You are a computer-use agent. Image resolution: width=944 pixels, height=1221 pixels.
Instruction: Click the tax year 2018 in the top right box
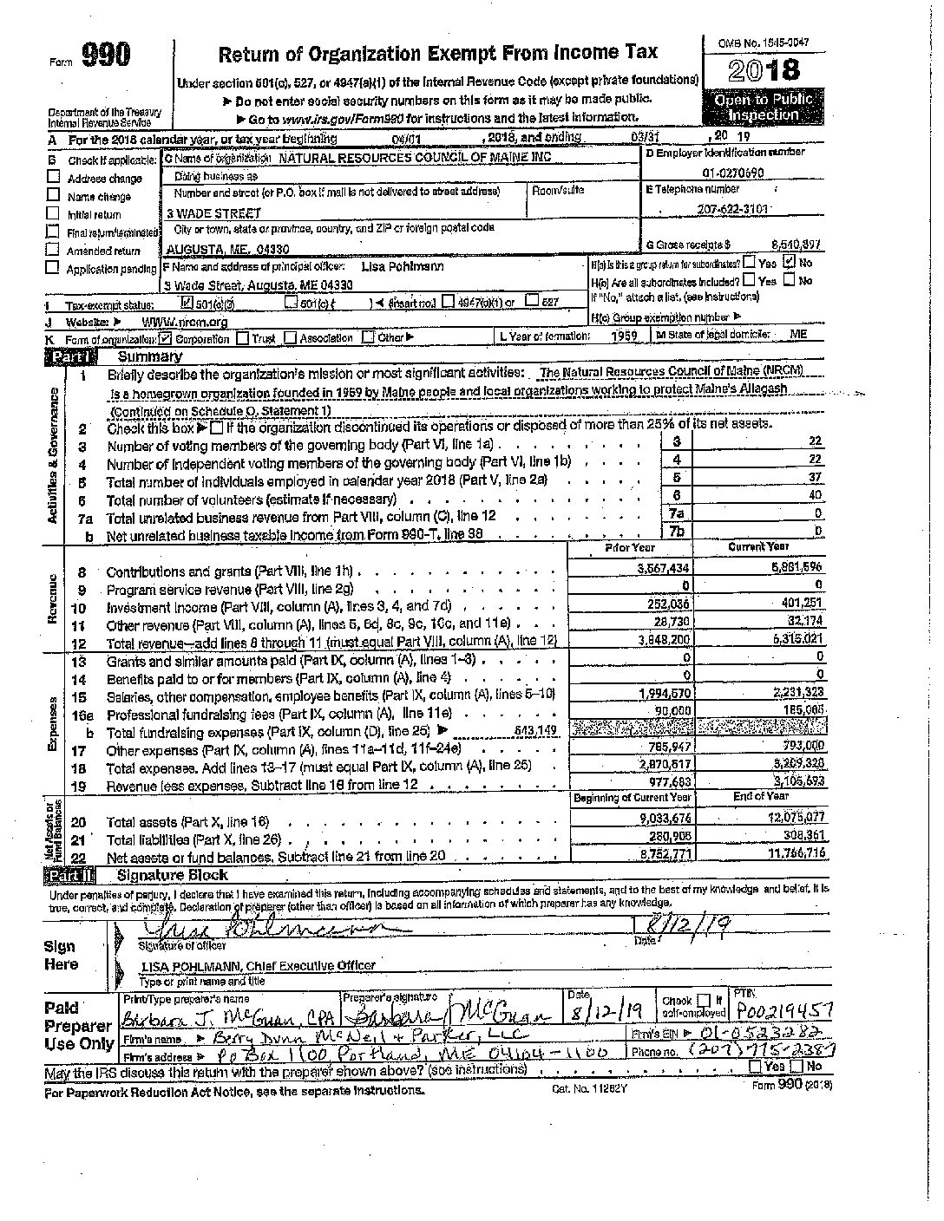[x=764, y=69]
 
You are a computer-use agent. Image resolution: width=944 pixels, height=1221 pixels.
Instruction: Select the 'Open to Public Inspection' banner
[x=763, y=107]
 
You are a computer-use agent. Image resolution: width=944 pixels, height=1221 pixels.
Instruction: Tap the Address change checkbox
[x=53, y=178]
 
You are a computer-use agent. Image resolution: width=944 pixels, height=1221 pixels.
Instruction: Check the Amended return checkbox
[x=53, y=251]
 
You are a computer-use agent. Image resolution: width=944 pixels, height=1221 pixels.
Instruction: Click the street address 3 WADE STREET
[x=213, y=212]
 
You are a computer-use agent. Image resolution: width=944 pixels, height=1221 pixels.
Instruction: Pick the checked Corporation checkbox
[x=166, y=338]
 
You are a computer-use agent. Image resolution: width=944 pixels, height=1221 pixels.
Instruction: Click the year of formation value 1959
[x=624, y=336]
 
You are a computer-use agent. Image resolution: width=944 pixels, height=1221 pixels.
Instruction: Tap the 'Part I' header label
[x=67, y=356]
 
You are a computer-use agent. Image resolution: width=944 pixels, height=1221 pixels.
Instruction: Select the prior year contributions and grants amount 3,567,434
[x=664, y=568]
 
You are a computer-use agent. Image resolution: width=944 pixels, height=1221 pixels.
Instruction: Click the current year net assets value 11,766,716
[x=791, y=856]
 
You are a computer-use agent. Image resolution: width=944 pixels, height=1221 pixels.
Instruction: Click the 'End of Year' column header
[x=760, y=796]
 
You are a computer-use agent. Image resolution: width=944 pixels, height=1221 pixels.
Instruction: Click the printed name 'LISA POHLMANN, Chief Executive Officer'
[x=257, y=965]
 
